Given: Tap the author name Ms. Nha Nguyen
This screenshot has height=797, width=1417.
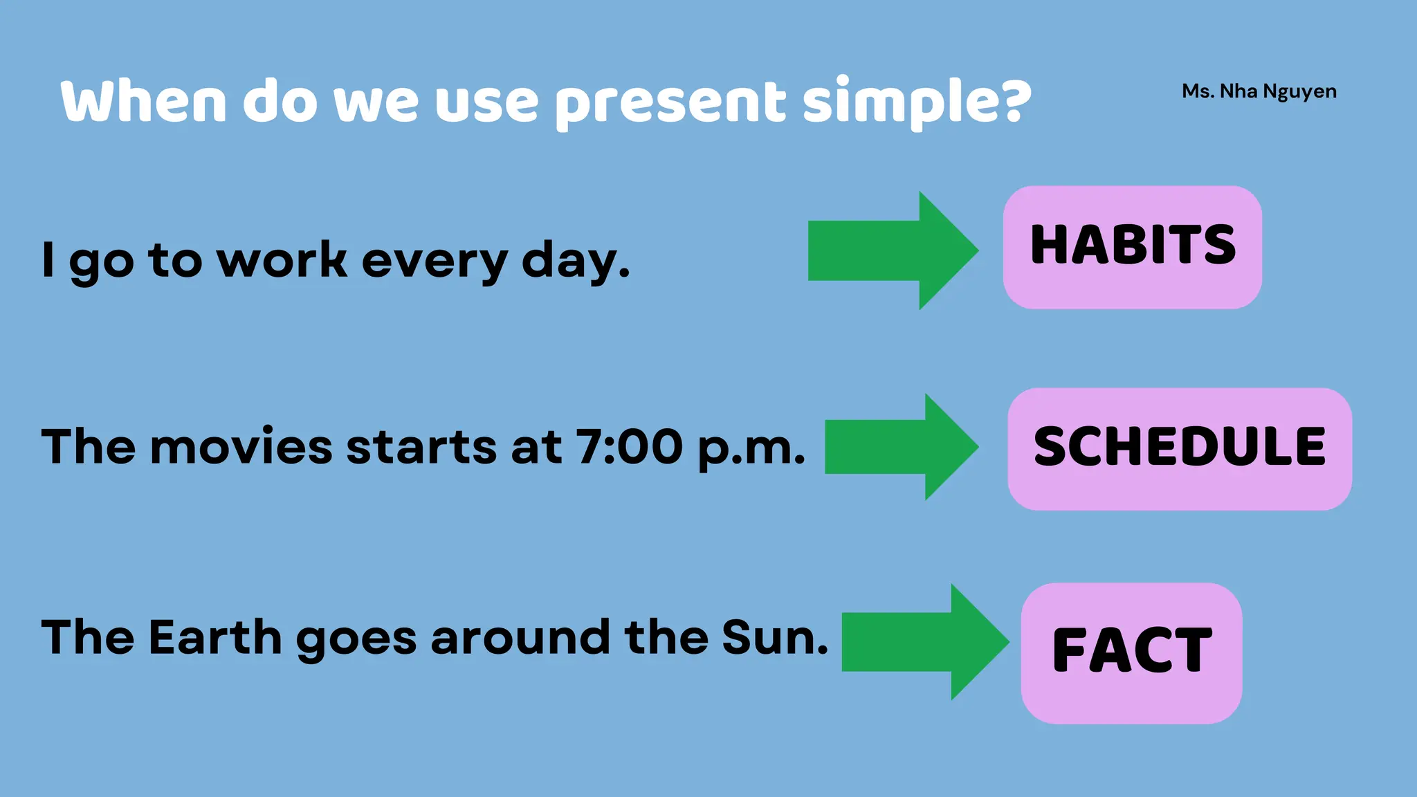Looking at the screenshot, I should click(1259, 91).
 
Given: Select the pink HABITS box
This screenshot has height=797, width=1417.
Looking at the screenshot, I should click(1132, 247).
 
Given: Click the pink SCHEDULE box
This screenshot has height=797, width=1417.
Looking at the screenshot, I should click(1179, 448).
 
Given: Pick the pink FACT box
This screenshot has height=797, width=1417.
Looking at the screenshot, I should click(1131, 652).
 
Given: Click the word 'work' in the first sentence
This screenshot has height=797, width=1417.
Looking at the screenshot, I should click(282, 261).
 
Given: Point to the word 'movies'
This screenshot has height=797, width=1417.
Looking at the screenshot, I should click(241, 446).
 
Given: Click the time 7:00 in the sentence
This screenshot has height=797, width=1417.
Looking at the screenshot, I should click(629, 446).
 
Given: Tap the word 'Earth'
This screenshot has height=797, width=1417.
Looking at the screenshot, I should click(215, 636).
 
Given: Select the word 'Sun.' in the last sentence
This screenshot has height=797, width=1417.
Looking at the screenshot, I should click(774, 636).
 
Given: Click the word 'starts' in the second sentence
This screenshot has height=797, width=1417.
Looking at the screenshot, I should click(421, 447).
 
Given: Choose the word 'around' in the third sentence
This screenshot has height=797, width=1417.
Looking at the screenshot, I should click(520, 636).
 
